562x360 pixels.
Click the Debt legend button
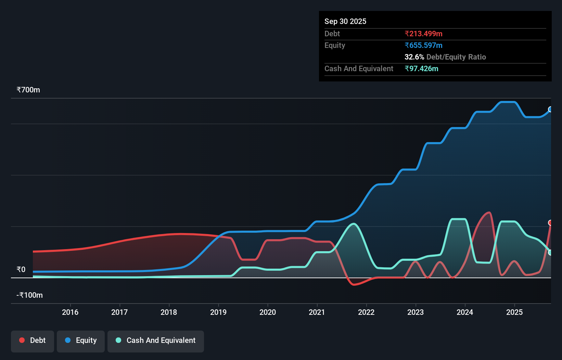pyautogui.click(x=33, y=340)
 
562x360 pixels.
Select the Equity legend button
pyautogui.click(x=81, y=340)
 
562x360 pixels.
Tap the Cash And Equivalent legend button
pyautogui.click(x=156, y=340)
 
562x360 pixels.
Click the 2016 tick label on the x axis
pyautogui.click(x=70, y=312)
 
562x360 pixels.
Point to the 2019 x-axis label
pyautogui.click(x=218, y=312)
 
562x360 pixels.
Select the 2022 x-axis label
pyautogui.click(x=366, y=312)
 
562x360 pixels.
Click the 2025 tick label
pyautogui.click(x=514, y=312)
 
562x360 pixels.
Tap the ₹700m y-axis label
pyautogui.click(x=28, y=90)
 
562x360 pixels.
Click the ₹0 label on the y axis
pyautogui.click(x=21, y=270)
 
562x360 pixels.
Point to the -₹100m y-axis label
pyautogui.click(x=30, y=295)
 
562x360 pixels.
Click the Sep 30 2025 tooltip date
pyautogui.click(x=345, y=22)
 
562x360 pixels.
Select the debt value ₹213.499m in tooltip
pyautogui.click(x=423, y=34)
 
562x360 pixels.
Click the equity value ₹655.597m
pyautogui.click(x=423, y=46)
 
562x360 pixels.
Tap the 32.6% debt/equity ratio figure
pyautogui.click(x=414, y=57)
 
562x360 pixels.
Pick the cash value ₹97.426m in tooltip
pyautogui.click(x=421, y=69)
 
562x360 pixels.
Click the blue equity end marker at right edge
pyautogui.click(x=550, y=110)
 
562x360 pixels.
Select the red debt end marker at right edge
pyautogui.click(x=550, y=223)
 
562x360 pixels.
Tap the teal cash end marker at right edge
pyautogui.click(x=550, y=253)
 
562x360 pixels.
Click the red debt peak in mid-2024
pyautogui.click(x=489, y=213)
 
